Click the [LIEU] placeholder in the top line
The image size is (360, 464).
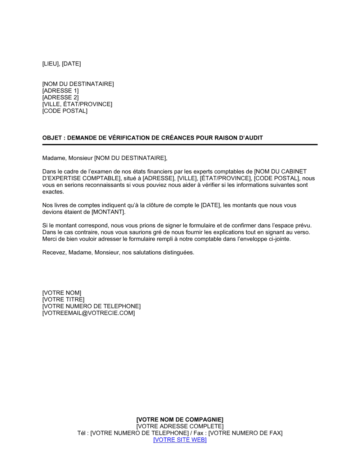(50, 64)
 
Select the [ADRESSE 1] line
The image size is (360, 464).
(60, 91)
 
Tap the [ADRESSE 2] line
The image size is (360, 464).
(60, 97)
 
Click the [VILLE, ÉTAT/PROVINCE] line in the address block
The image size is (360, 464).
(77, 104)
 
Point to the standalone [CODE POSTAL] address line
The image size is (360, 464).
(65, 111)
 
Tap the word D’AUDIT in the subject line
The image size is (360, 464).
(250, 138)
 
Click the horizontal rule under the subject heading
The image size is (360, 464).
(180, 145)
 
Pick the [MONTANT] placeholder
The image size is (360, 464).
(108, 212)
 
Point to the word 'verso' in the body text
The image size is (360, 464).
(302, 232)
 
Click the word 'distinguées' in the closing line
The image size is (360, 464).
(178, 253)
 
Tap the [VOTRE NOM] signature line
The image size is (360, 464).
(62, 293)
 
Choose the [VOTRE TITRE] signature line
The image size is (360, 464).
(63, 300)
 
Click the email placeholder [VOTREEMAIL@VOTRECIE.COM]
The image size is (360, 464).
(89, 313)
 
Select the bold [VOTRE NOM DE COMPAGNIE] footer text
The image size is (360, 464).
(180, 420)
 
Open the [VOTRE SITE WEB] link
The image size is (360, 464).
(180, 440)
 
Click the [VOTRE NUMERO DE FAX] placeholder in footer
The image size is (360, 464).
(246, 433)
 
